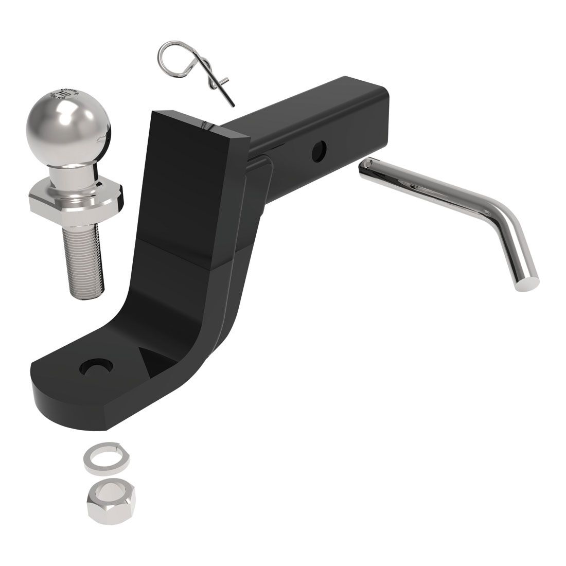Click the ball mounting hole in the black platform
[93, 366]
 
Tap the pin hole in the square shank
[319, 149]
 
